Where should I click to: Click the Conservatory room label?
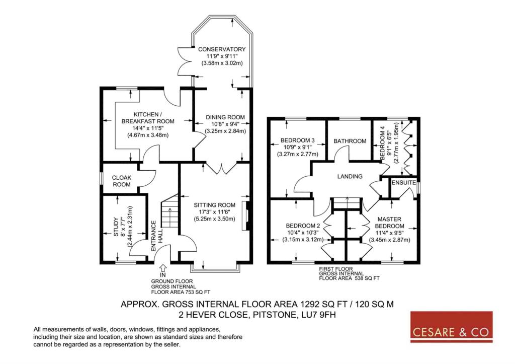click(x=222, y=49)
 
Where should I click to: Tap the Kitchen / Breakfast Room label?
click(x=148, y=118)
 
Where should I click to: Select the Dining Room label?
click(x=225, y=117)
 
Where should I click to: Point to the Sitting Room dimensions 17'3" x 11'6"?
click(x=214, y=212)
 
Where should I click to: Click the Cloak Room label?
click(x=122, y=181)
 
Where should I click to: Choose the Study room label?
click(x=116, y=227)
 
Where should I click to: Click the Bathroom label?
click(x=350, y=141)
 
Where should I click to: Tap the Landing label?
click(x=350, y=177)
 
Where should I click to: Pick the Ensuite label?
click(x=404, y=182)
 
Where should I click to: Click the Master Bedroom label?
click(x=390, y=223)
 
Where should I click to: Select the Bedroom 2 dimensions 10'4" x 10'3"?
click(x=302, y=233)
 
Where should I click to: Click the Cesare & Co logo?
click(x=452, y=327)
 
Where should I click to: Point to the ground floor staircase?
click(x=169, y=211)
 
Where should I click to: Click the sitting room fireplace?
click(x=245, y=215)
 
